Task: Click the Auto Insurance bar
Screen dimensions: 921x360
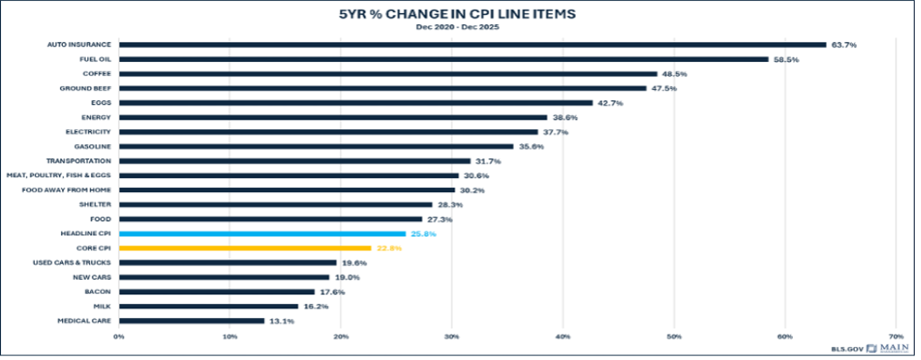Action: click(472, 45)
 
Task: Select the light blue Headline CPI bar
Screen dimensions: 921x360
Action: click(262, 233)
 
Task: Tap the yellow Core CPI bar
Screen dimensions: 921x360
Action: click(246, 248)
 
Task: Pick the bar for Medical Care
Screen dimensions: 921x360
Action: click(191, 321)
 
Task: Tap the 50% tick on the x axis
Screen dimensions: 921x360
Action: click(674, 337)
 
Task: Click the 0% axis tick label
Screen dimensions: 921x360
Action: click(119, 337)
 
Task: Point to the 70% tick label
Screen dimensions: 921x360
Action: click(897, 337)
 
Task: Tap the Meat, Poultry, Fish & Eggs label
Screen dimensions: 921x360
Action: click(59, 176)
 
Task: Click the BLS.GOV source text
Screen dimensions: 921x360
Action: click(847, 349)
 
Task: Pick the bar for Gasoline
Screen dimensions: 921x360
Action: click(316, 146)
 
